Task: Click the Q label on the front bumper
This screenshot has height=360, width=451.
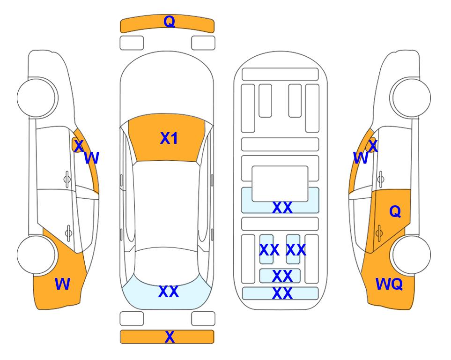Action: click(169, 22)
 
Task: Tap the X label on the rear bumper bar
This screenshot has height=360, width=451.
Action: click(170, 337)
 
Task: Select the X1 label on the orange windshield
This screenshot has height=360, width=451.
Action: click(169, 138)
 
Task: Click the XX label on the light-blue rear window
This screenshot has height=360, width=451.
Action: click(169, 292)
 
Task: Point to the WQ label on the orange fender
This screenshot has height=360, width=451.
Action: click(389, 284)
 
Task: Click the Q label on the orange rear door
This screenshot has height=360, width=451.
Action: click(395, 212)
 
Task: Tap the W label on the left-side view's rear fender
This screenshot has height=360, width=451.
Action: click(62, 284)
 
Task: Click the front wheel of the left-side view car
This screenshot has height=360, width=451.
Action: click(36, 97)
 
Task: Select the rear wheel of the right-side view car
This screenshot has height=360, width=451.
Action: click(412, 255)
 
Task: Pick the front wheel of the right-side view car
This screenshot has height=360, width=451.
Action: click(412, 97)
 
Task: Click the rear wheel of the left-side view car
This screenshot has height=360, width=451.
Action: click(36, 255)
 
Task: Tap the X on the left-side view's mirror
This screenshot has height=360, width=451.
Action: click(79, 146)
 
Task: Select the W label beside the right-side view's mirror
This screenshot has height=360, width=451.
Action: click(361, 158)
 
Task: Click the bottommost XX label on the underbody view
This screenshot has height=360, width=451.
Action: click(282, 293)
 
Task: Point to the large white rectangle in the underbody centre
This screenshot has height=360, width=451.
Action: click(280, 183)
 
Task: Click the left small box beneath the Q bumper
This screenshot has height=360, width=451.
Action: click(132, 43)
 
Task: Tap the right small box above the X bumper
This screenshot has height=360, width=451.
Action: click(203, 319)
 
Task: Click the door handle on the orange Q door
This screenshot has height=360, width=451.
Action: click(379, 232)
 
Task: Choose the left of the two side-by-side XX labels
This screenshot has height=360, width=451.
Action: click(269, 250)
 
